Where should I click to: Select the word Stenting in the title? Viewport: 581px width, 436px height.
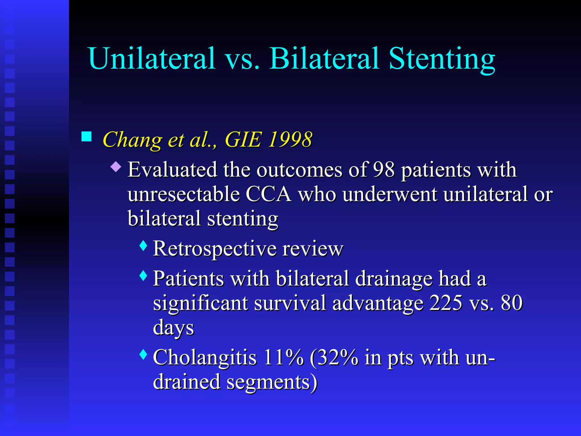click(442, 60)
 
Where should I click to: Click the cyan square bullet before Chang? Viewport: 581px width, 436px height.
click(86, 137)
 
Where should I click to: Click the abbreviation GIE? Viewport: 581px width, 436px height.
click(243, 140)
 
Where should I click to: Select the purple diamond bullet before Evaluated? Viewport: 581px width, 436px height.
click(116, 167)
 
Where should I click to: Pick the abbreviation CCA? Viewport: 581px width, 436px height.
click(268, 194)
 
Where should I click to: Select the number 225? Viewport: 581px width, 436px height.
click(446, 303)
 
